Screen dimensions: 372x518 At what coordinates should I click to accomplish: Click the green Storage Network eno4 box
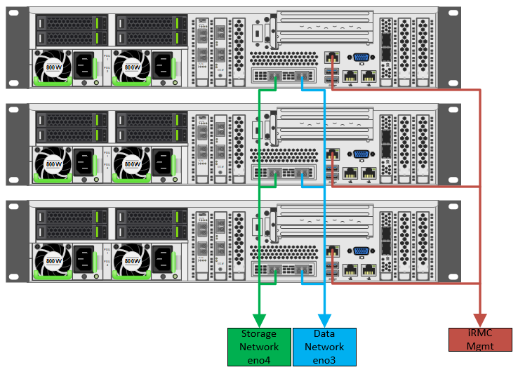259,347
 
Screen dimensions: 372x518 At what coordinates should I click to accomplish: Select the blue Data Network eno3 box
324,347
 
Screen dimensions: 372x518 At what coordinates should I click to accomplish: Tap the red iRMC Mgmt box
480,340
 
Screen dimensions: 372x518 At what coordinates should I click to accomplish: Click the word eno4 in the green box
259,359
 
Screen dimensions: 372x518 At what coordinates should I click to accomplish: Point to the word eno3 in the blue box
324,359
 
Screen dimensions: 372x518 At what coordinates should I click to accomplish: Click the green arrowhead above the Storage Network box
260,321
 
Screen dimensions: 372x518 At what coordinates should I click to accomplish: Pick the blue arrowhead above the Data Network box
324,321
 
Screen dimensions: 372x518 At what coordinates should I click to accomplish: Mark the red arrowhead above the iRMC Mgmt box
480,321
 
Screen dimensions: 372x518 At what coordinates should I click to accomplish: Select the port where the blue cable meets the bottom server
303,269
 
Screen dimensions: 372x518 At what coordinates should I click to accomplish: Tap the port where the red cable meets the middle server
332,154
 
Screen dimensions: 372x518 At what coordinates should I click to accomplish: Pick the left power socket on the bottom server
85,260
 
